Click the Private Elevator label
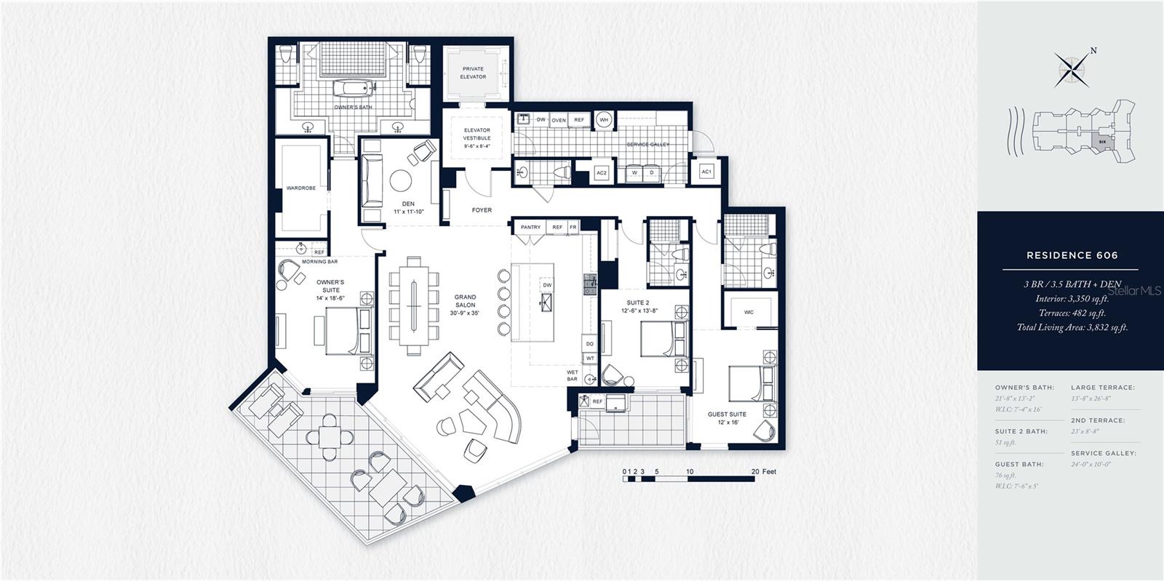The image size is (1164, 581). pos(473,73)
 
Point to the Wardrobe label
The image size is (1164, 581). pos(301,188)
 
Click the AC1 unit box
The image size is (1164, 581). pos(706,172)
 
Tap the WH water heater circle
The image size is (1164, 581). pos(604,120)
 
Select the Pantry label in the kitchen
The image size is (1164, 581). pos(530,227)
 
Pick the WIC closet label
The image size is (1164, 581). pos(749,312)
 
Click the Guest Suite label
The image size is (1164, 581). pos(727,418)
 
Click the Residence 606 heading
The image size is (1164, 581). pos(1072,255)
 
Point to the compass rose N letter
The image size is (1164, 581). pos(1093,51)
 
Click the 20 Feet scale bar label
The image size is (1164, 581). pos(763,472)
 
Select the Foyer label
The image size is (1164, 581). pos(482,210)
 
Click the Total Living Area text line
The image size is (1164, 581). pos(1072,328)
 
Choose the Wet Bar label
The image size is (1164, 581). pos(573,375)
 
